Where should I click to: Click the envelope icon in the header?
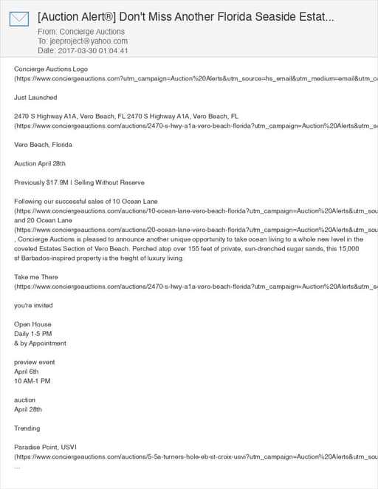pyautogui.click(x=19, y=18)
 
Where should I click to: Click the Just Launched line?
pyautogui.click(x=35, y=98)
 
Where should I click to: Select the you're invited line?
pyautogui.click(x=33, y=306)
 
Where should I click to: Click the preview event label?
pyautogui.click(x=34, y=362)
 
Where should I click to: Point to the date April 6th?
pyautogui.click(x=28, y=372)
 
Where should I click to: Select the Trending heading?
pyautogui.click(x=27, y=428)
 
